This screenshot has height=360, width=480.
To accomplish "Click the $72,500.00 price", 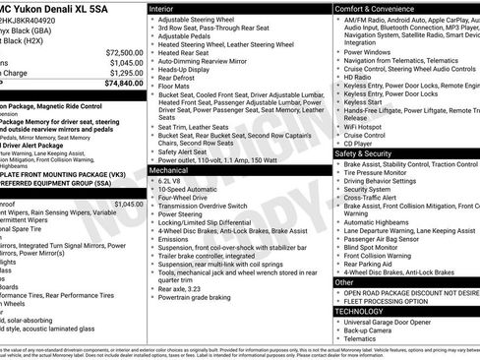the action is (120, 52).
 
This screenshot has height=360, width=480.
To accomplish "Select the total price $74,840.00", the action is (120, 84).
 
